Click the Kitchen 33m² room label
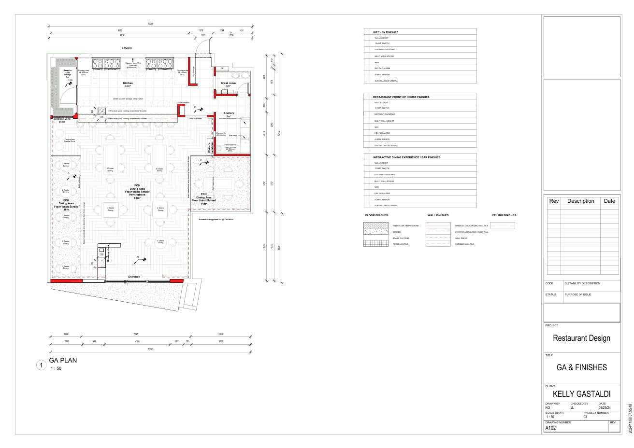128,84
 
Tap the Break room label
228,84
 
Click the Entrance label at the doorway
134,277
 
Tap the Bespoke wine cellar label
62,120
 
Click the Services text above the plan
127,48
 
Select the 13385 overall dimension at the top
151,24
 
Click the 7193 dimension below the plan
136,334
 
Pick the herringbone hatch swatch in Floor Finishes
376,225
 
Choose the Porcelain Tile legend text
400,244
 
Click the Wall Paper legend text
461,238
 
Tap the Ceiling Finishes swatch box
503,225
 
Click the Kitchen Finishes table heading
386,32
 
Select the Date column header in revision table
609,201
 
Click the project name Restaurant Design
581,338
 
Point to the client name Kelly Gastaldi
581,394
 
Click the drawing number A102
551,428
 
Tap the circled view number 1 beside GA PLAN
42,365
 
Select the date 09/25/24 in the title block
605,407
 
